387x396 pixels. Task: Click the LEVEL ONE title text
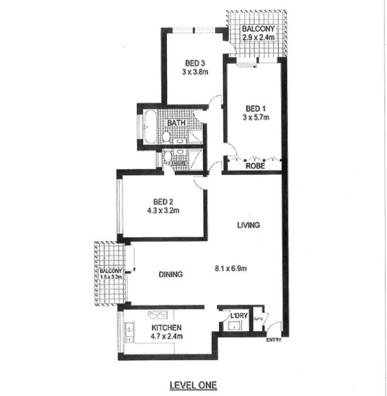[193, 385]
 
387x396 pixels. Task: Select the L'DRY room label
[238, 316]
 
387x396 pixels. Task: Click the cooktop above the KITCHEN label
[156, 315]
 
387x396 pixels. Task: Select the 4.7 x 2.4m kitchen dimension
[167, 336]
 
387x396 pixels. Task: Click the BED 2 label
[163, 202]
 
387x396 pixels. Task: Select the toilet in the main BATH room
[166, 136]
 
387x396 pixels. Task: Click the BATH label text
[177, 123]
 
